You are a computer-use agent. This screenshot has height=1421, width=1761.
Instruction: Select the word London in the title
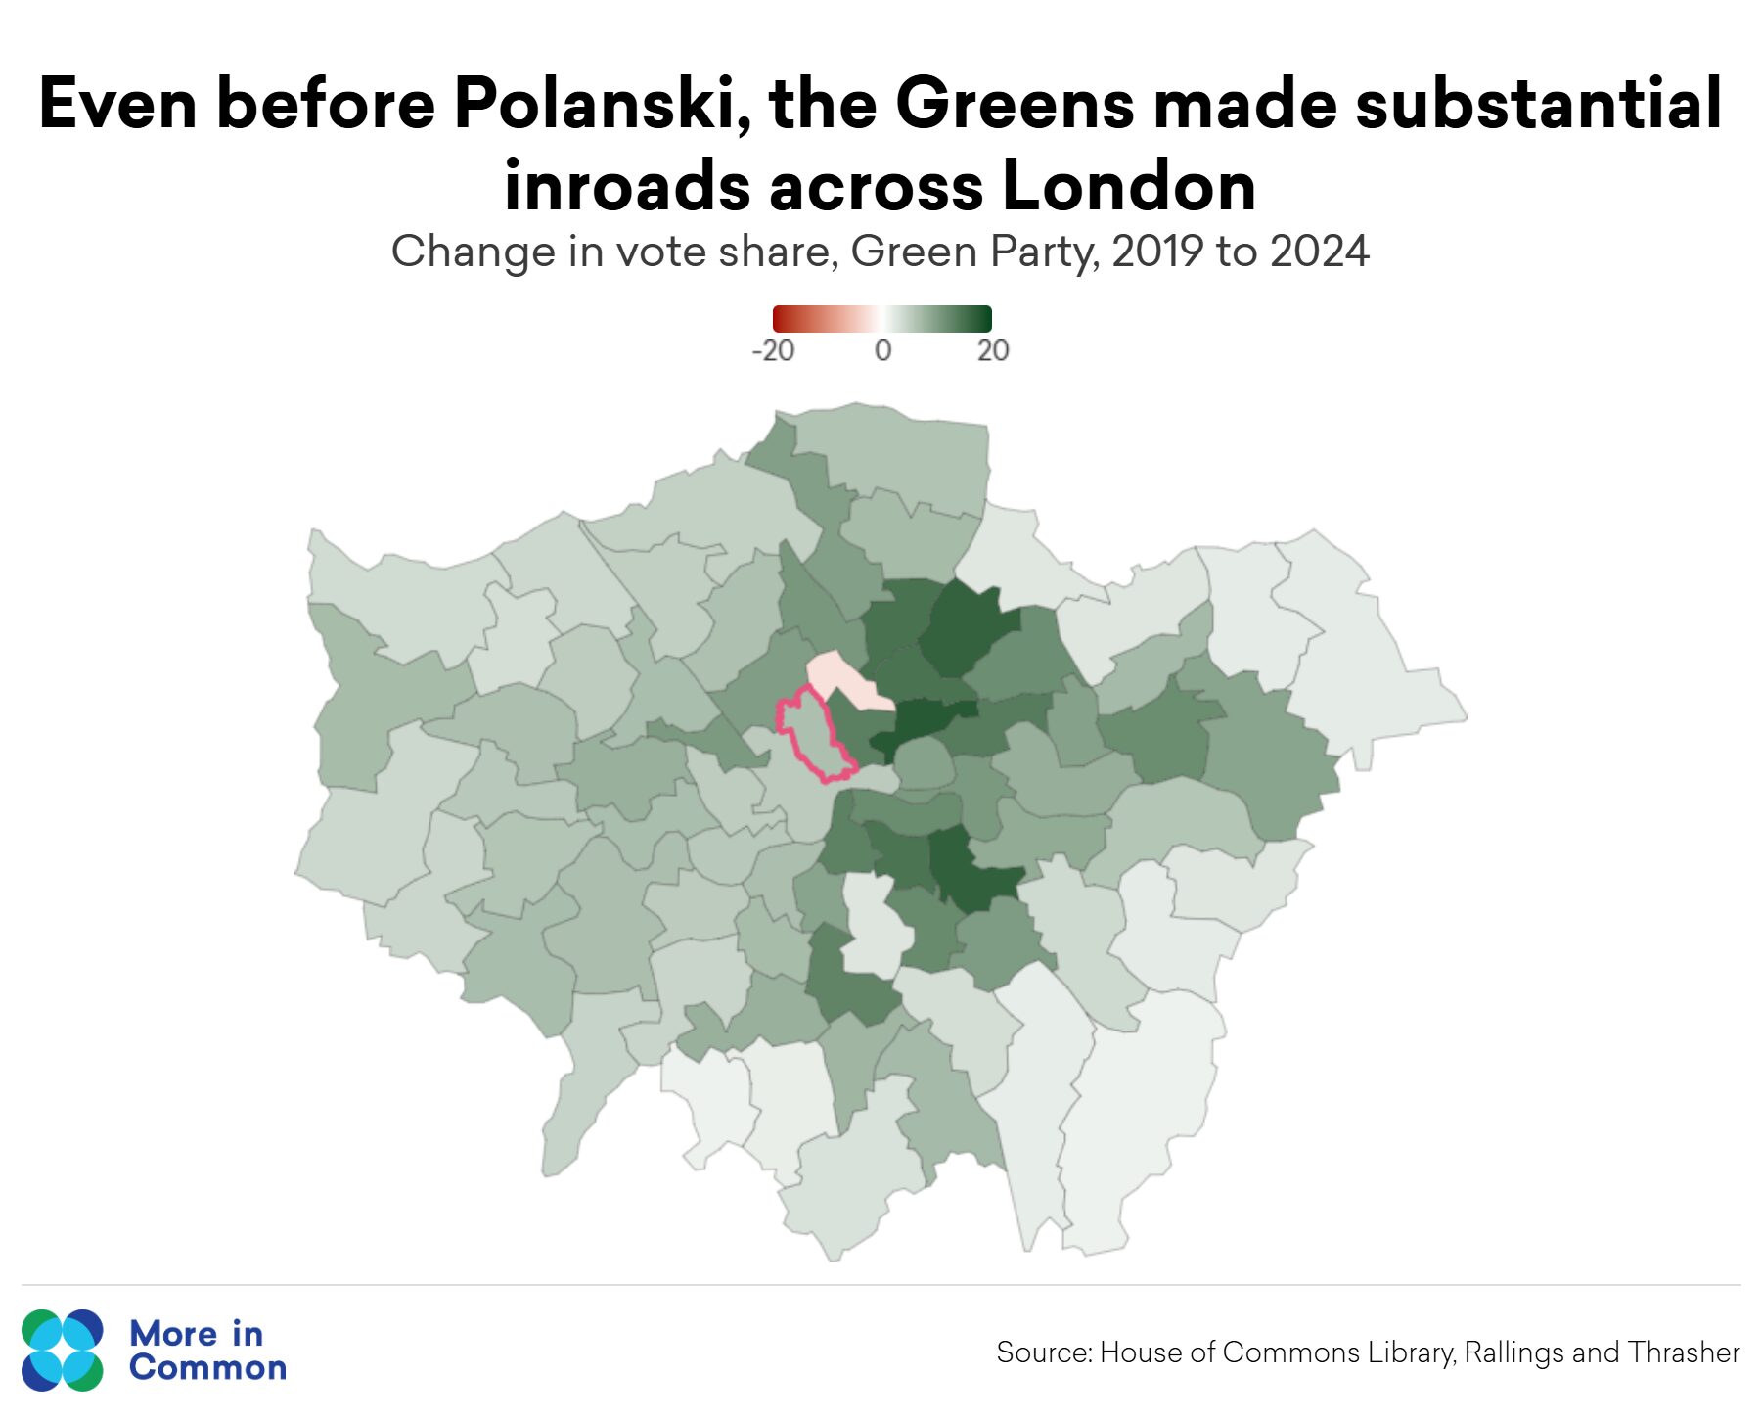(1130, 186)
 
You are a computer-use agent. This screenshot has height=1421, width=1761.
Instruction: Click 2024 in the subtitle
(1320, 252)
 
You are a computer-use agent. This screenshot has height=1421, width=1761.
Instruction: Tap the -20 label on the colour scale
(773, 350)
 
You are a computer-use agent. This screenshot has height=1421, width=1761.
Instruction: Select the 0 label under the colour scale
(882, 350)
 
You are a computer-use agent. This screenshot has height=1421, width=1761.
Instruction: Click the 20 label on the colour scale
(992, 350)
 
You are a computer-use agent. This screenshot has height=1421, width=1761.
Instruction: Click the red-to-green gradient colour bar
(882, 319)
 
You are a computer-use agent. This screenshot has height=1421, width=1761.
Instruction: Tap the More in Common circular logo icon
(63, 1350)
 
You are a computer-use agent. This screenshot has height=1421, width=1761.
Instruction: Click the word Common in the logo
(207, 1368)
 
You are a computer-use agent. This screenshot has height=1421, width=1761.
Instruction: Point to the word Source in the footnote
(1044, 1352)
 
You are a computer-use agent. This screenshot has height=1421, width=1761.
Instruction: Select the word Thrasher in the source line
(1684, 1352)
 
